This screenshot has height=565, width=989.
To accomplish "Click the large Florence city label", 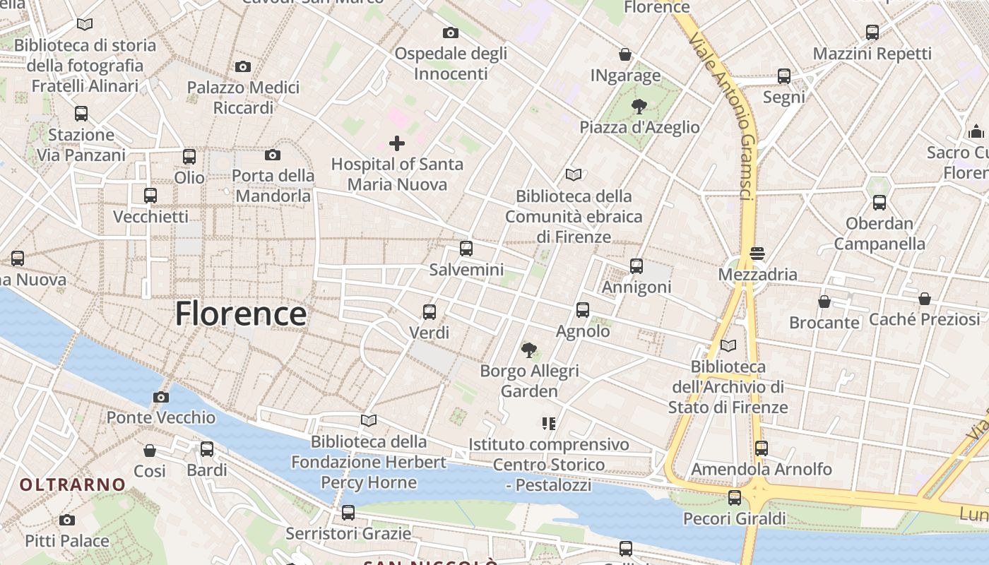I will click(241, 314).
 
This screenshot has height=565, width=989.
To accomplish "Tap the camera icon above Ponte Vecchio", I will click(161, 397).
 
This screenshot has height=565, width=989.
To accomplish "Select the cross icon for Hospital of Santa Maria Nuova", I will click(397, 144).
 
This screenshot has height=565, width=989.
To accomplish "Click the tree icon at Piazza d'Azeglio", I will click(639, 107).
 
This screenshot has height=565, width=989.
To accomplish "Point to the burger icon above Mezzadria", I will click(757, 254).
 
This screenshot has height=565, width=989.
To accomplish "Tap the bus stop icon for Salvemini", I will click(466, 249).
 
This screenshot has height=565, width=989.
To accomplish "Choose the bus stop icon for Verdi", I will click(429, 312).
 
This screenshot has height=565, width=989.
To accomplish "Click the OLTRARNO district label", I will click(73, 485).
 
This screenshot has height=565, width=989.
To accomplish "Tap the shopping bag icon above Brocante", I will click(824, 302).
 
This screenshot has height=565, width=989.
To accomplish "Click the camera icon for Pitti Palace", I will click(67, 521).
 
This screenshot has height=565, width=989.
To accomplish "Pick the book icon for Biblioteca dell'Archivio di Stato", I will click(728, 346).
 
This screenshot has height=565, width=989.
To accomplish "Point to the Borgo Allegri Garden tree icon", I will click(528, 350).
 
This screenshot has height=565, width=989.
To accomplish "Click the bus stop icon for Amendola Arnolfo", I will click(761, 448).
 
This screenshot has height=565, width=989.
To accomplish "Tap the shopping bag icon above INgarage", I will click(625, 54).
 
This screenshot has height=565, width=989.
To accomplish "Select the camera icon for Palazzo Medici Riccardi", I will click(243, 67).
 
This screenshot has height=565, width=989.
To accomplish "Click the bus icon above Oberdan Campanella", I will click(880, 203).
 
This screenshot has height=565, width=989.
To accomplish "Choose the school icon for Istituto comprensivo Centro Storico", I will click(549, 424).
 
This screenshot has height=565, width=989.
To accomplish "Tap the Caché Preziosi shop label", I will click(924, 319).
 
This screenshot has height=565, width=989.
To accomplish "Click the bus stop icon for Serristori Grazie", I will click(348, 513).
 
